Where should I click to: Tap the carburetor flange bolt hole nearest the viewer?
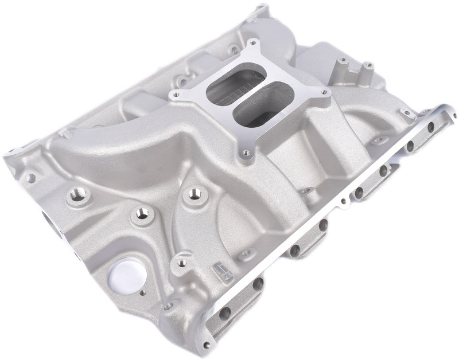(x=246, y=152)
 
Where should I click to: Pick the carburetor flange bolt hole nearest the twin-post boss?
(x=324, y=92)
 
